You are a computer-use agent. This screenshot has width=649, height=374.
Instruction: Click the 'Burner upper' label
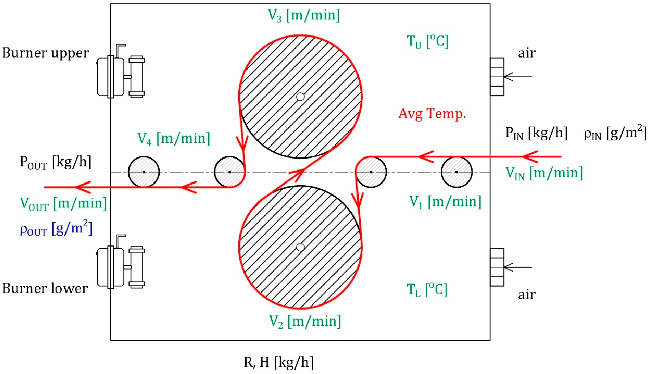coord(45,53)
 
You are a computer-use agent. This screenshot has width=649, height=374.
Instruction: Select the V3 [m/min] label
coord(304,15)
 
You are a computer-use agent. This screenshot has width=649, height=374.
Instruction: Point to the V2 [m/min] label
coord(305,321)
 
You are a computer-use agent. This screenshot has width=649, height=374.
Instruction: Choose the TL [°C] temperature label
coord(427,290)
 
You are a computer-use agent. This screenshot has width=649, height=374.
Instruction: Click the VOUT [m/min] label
coord(63,204)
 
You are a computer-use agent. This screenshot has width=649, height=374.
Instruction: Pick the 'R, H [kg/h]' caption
coord(279,362)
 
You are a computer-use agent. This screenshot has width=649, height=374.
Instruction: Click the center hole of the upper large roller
coord(300,97)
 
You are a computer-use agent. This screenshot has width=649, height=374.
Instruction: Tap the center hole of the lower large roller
coord(300,247)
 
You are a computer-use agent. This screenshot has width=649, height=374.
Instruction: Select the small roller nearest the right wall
coord(457,172)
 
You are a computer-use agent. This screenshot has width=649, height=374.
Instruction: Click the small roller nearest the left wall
coord(144,172)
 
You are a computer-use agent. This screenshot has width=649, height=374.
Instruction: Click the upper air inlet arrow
coord(517,77)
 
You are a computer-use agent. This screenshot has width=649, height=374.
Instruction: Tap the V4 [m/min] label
coord(174,139)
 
